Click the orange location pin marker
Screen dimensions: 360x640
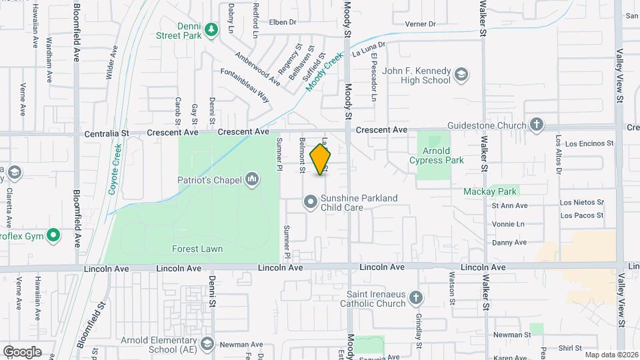321,159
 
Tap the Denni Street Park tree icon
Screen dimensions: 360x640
211,29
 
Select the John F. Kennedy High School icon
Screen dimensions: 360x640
461,75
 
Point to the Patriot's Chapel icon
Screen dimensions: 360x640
252,179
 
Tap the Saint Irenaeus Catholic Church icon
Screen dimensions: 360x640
415,298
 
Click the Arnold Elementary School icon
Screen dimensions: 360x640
207,343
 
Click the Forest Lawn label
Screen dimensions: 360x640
197,249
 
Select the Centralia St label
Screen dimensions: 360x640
107,133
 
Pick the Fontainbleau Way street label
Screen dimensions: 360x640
245,85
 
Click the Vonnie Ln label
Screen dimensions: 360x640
509,224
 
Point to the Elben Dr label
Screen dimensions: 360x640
282,22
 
